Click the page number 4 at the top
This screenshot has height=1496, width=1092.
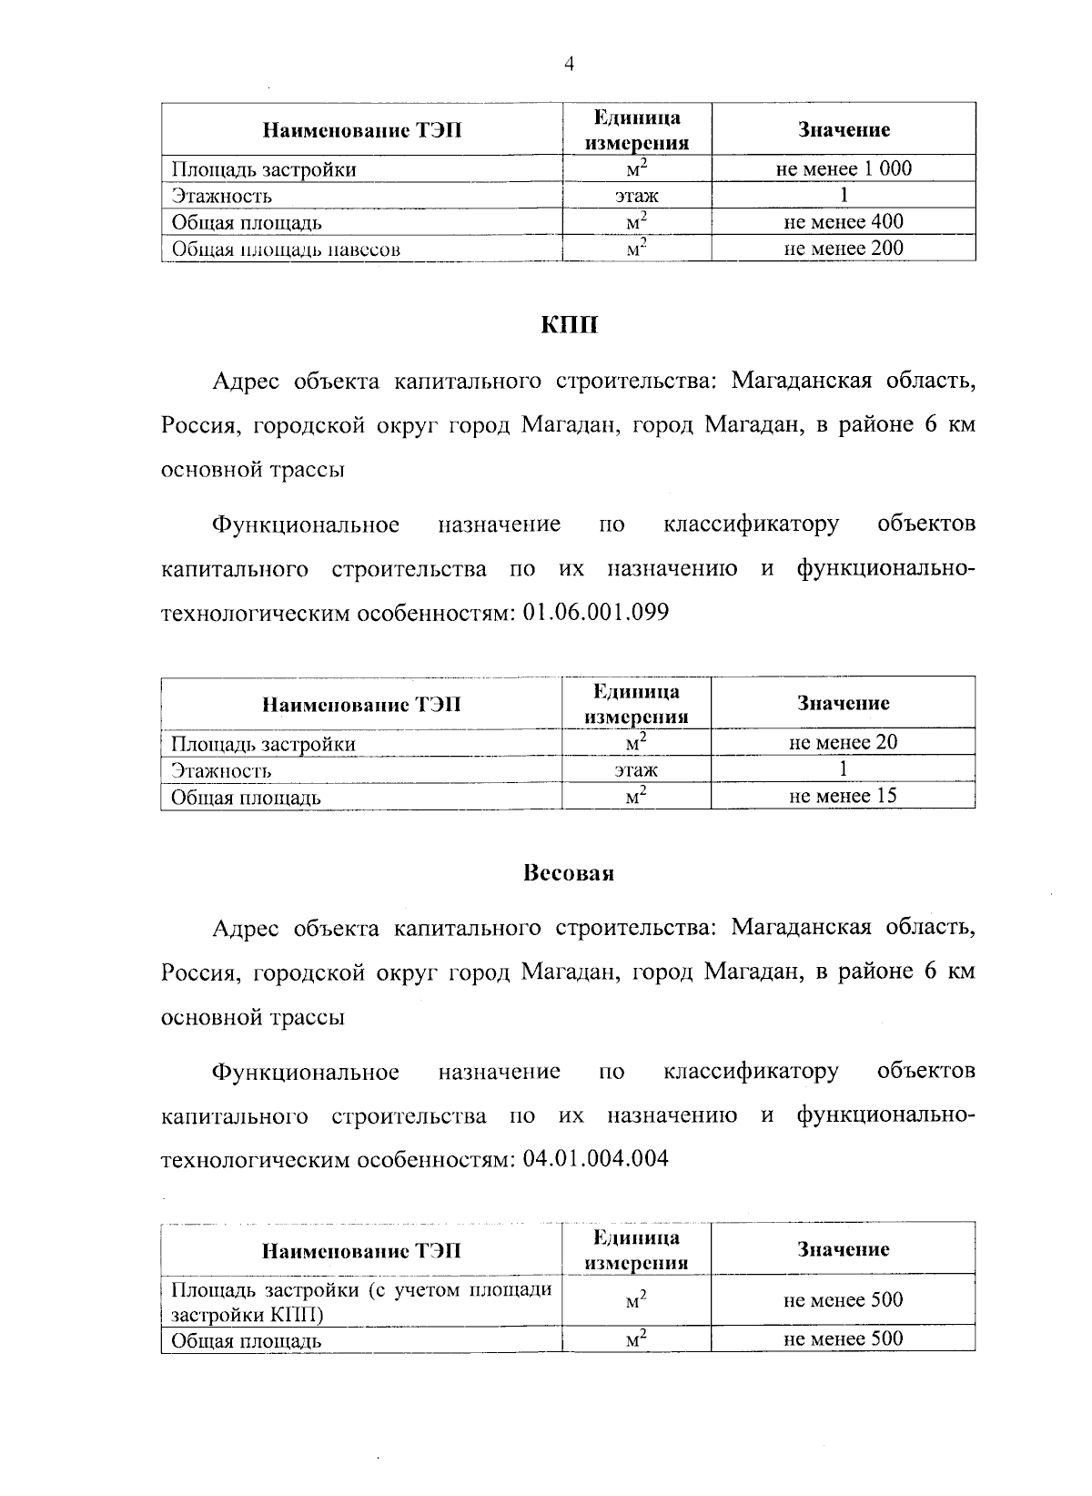(570, 64)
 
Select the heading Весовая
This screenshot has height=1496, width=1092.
(569, 873)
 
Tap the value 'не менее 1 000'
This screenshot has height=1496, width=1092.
(844, 168)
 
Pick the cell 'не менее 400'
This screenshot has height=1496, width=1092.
(844, 221)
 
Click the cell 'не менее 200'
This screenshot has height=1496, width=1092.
(844, 248)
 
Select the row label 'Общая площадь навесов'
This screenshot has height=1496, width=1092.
(286, 249)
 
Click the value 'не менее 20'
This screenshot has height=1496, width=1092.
(843, 742)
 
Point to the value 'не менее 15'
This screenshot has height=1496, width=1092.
(843, 795)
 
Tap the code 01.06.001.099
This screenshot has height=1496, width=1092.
(596, 613)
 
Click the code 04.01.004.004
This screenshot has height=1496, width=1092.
(596, 1159)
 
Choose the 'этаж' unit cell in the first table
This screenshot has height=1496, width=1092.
(636, 196)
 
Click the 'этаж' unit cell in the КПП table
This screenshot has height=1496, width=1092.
(636, 770)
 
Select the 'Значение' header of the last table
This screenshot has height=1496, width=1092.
(843, 1249)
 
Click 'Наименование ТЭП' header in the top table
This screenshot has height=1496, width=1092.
(361, 130)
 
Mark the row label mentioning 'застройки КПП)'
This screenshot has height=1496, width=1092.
(361, 1302)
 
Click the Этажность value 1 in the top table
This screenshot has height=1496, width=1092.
(844, 195)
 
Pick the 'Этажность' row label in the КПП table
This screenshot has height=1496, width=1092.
(222, 771)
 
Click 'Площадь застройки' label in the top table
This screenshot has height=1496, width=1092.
(264, 169)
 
